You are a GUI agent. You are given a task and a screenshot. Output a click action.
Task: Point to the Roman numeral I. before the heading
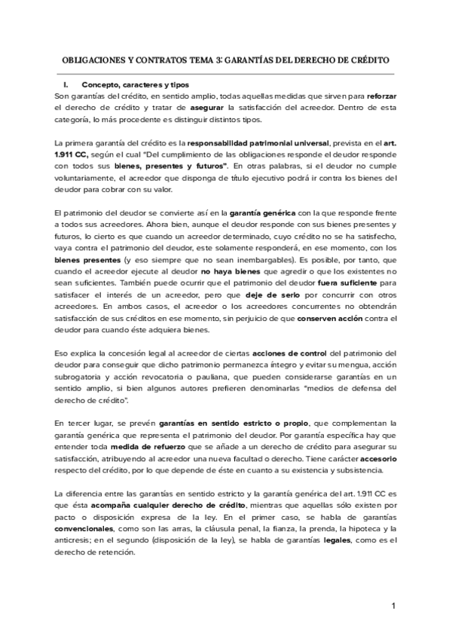(69, 84)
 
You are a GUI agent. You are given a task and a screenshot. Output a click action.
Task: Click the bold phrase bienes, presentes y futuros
(177, 166)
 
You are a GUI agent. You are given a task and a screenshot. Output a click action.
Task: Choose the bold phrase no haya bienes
(228, 272)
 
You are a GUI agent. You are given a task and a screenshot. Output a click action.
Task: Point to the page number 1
(393, 606)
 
